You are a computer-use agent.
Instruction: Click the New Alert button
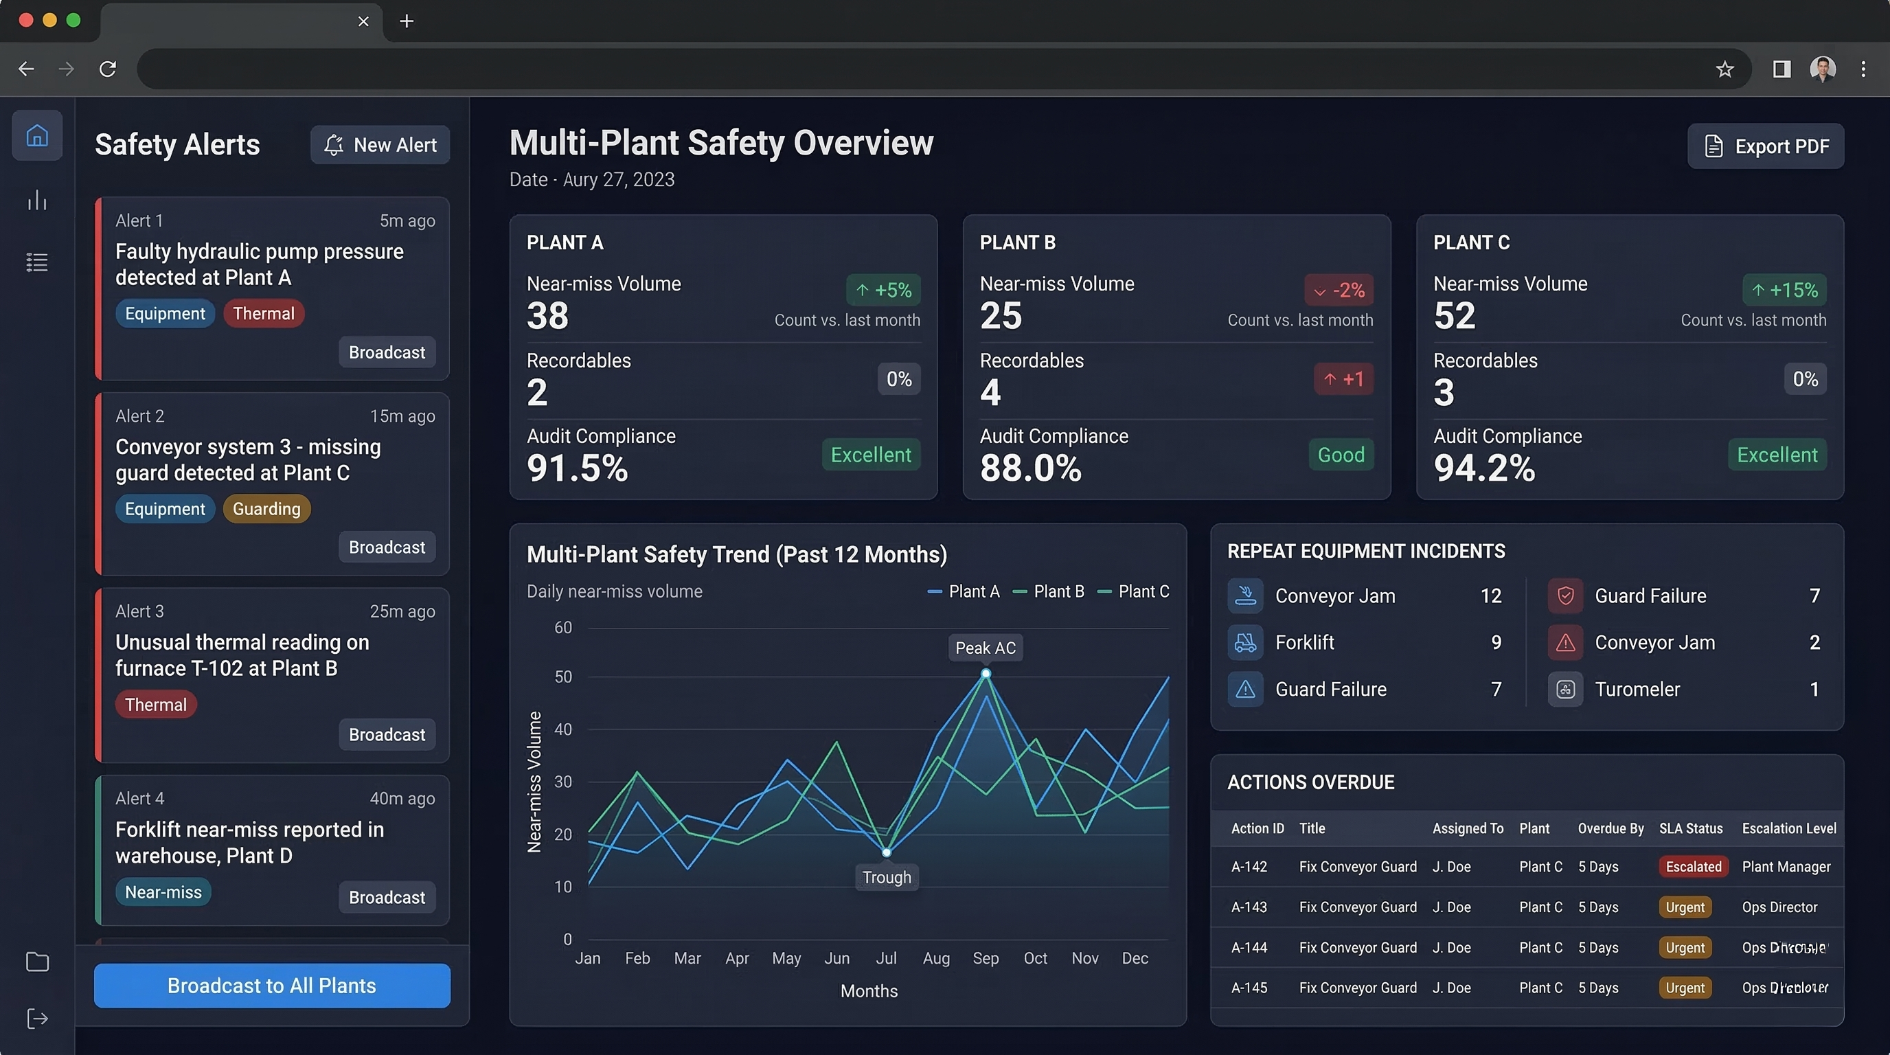click(380, 144)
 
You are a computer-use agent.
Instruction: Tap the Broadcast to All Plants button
click(271, 986)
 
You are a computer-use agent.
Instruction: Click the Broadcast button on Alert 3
click(387, 734)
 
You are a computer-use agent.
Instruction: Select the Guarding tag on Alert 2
click(266, 508)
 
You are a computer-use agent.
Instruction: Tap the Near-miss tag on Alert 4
click(163, 892)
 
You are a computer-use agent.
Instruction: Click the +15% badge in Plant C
click(1784, 290)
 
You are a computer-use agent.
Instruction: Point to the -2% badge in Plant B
click(1339, 290)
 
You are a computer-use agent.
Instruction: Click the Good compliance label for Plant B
click(1341, 455)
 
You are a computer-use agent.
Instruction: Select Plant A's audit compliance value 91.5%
click(578, 468)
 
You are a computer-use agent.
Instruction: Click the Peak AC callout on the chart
click(985, 648)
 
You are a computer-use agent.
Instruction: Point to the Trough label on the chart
click(887, 878)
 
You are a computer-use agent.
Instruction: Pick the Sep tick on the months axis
click(986, 958)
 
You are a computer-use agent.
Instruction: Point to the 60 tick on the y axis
click(562, 628)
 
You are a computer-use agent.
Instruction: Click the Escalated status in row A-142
click(1693, 866)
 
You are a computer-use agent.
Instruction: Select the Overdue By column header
click(1610, 828)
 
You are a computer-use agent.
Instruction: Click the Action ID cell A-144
click(1249, 947)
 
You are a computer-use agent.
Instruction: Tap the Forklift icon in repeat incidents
click(1245, 643)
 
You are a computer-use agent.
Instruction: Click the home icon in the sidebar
click(37, 136)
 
